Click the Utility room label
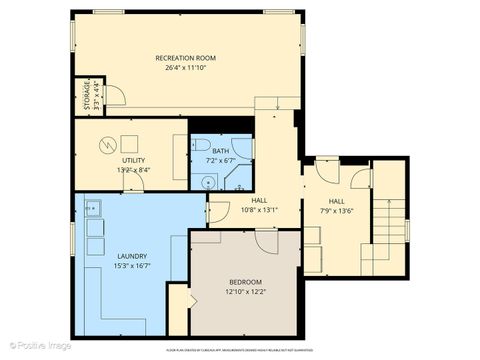pos(133,160)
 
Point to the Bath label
pos(220,150)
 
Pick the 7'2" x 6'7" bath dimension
pos(220,160)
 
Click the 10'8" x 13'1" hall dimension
pos(259,210)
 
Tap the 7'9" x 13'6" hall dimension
pos(337,210)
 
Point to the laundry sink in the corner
pos(92,208)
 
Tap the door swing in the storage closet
pos(114,96)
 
